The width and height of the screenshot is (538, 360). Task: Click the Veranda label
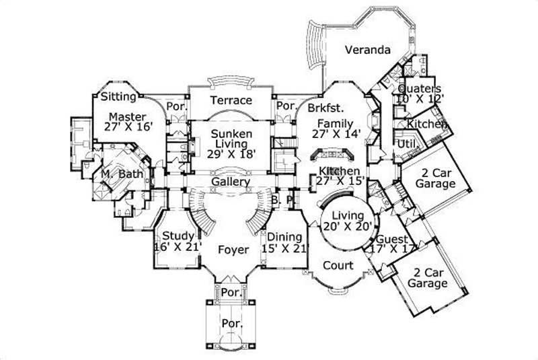367,50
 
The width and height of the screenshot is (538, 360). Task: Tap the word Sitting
119,96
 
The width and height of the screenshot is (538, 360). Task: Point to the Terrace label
231,100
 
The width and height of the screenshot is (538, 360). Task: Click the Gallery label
231,182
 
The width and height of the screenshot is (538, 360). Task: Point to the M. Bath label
119,174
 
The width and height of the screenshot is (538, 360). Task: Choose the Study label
178,236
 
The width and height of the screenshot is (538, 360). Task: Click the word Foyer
233,250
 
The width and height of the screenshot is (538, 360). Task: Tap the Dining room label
285,237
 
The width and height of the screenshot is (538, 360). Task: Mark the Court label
338,265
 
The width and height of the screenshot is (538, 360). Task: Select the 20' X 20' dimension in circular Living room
347,226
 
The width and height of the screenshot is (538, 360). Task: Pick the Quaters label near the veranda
420,89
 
